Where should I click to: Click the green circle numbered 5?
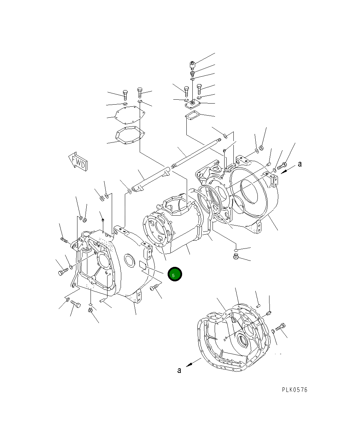click(x=175, y=274)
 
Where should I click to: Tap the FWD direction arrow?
click(x=77, y=162)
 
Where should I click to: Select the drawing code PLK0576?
click(x=295, y=390)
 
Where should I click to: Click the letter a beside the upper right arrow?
click(x=300, y=164)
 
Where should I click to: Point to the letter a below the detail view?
click(x=179, y=370)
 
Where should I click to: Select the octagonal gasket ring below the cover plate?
click(x=130, y=136)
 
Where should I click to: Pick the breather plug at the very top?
click(x=192, y=65)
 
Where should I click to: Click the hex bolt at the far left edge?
click(x=62, y=273)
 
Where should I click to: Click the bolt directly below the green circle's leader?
click(x=155, y=288)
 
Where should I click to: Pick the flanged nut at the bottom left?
click(x=90, y=310)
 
